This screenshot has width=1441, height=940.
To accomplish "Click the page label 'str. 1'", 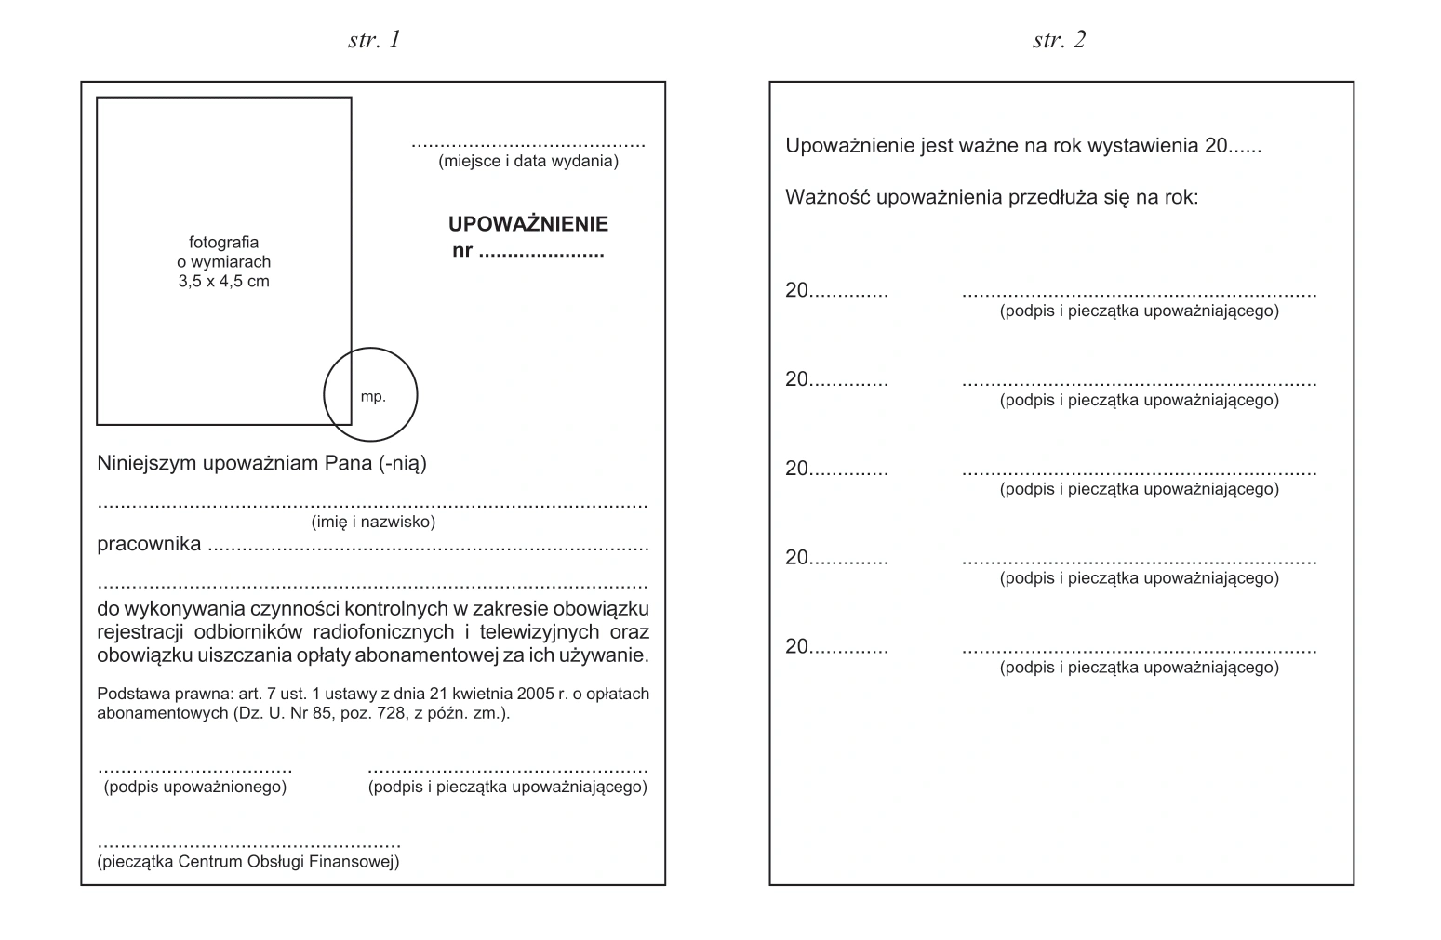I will (374, 39).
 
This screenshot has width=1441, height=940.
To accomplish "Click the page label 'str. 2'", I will (1059, 39).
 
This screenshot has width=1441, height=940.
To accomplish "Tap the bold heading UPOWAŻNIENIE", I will (527, 224).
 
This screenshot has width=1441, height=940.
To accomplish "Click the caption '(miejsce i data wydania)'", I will (528, 161).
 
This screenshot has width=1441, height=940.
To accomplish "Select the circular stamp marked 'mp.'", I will (371, 395).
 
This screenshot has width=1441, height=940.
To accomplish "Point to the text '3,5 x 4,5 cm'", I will (223, 281).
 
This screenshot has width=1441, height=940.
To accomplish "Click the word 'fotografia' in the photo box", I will (223, 243).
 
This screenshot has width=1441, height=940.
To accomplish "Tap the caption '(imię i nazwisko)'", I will (373, 522).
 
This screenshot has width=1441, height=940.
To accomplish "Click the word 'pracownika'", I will (149, 545).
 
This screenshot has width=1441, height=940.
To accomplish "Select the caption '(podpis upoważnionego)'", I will (194, 788).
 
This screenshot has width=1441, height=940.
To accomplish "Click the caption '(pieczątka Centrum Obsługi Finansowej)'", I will (248, 862).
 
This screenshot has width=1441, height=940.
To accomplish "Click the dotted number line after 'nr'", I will (540, 252).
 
